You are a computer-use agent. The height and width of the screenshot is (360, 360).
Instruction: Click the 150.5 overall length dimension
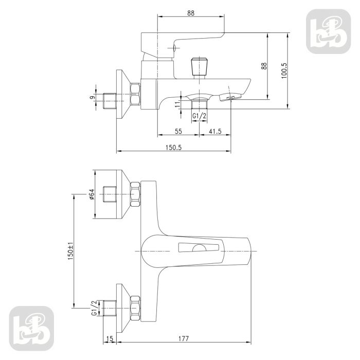[x=174, y=147]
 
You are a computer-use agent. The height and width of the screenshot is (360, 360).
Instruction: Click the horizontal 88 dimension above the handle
[x=191, y=13]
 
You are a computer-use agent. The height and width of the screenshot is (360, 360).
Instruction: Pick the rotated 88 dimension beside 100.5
[x=264, y=66]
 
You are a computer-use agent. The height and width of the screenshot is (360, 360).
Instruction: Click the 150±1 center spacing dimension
[x=71, y=251]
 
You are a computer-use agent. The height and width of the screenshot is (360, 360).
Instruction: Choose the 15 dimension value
[x=109, y=338]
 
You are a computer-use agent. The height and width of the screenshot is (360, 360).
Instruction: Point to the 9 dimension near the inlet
[x=92, y=97]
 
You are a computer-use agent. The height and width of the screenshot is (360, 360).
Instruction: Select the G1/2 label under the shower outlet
[x=199, y=117]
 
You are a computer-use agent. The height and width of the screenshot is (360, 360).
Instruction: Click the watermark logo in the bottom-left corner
[x=32, y=327]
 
